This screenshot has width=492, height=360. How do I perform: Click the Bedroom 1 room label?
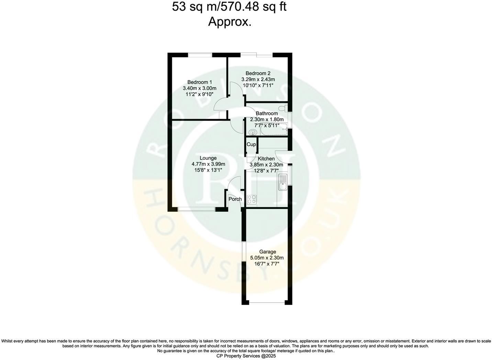(199, 82)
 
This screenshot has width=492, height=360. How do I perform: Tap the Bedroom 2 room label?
(258, 73)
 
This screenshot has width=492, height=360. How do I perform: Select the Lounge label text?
(208, 158)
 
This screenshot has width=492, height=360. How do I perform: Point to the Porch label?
(235, 199)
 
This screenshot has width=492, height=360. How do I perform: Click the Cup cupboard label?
(251, 144)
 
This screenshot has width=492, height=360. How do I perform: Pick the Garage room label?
(267, 252)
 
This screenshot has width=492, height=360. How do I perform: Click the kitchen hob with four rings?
(251, 199)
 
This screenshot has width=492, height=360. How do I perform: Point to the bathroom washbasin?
(253, 132)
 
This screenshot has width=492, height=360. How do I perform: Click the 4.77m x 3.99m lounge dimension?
(208, 164)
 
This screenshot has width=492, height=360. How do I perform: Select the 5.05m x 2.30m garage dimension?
(267, 258)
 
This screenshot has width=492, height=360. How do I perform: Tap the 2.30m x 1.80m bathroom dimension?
(267, 120)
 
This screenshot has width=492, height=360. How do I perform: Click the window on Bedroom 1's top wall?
(200, 54)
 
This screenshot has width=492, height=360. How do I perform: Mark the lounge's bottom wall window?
(197, 209)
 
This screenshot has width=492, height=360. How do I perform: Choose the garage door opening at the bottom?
(267, 303)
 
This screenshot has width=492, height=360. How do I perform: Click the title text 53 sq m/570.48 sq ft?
(229, 7)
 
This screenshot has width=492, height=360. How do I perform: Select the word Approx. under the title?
(230, 22)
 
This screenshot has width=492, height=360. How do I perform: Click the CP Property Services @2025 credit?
(246, 356)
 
